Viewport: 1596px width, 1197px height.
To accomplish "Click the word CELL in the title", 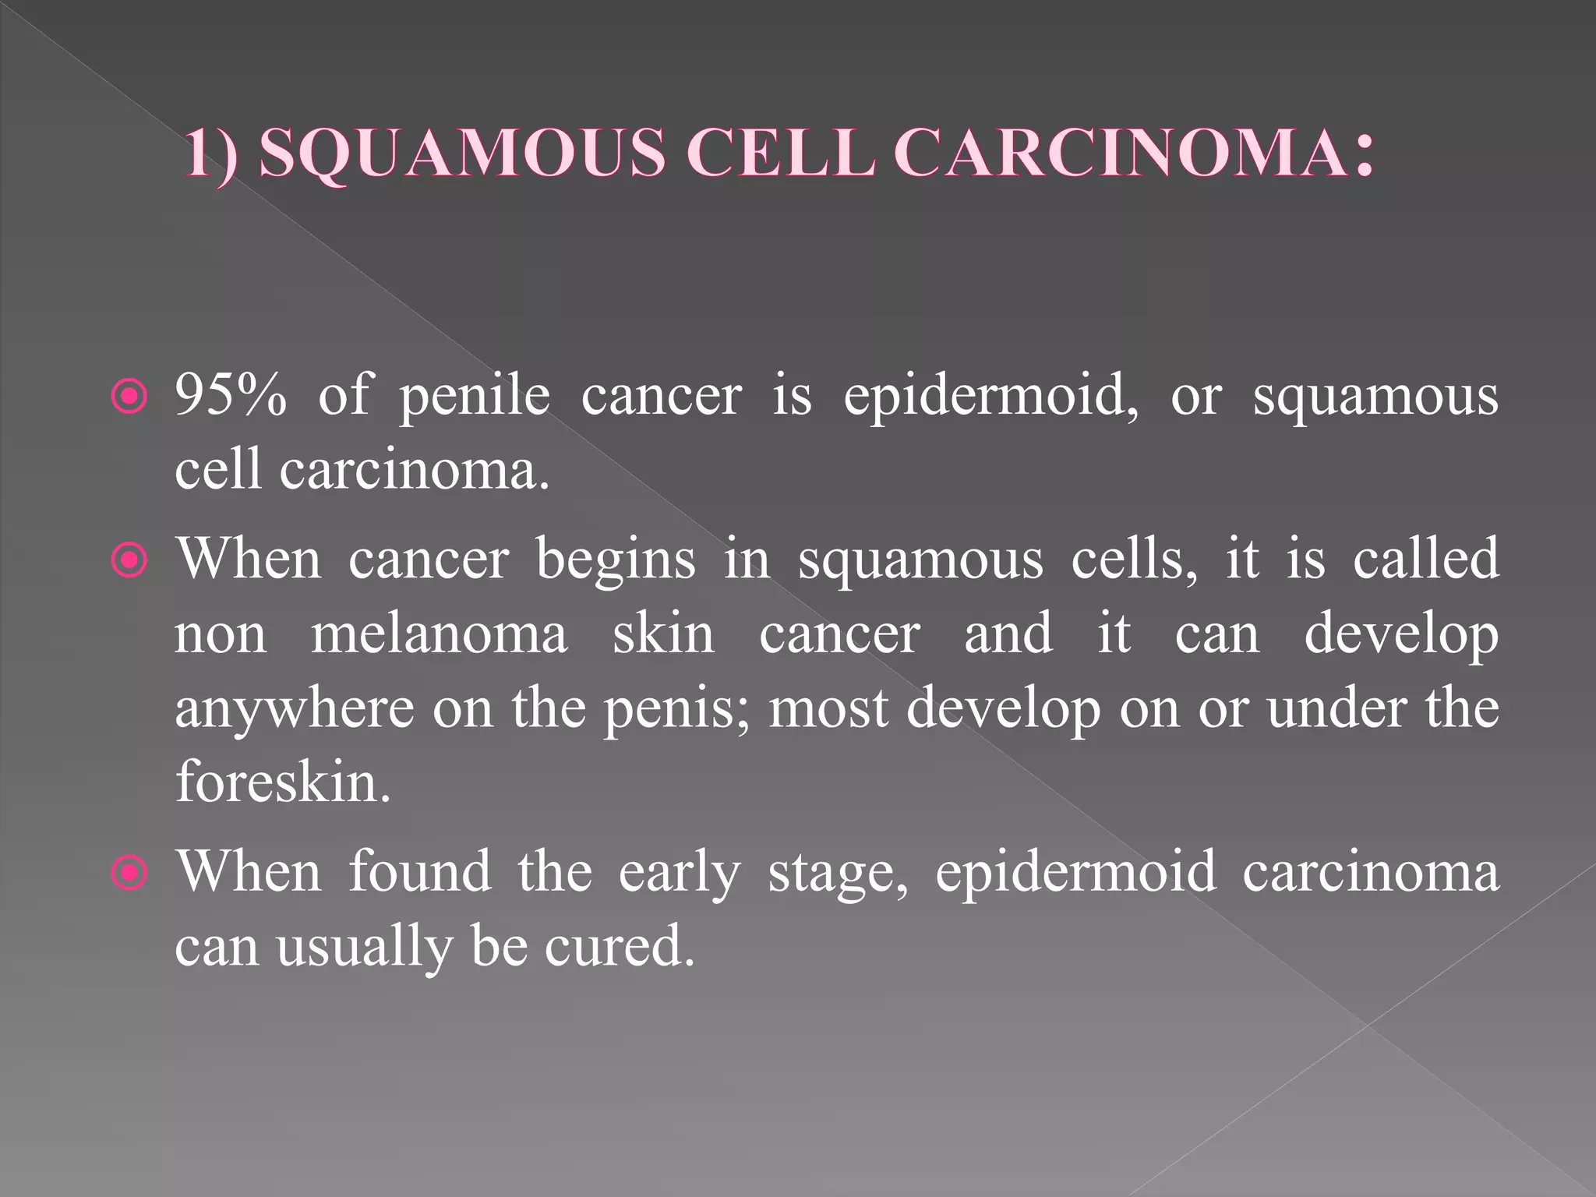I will (779, 153).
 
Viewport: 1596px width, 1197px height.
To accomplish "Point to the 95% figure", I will (231, 395).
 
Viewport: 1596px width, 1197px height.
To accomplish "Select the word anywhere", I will (295, 710).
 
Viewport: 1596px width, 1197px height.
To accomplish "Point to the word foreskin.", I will (282, 782).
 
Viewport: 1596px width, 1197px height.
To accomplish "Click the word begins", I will (615, 561).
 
